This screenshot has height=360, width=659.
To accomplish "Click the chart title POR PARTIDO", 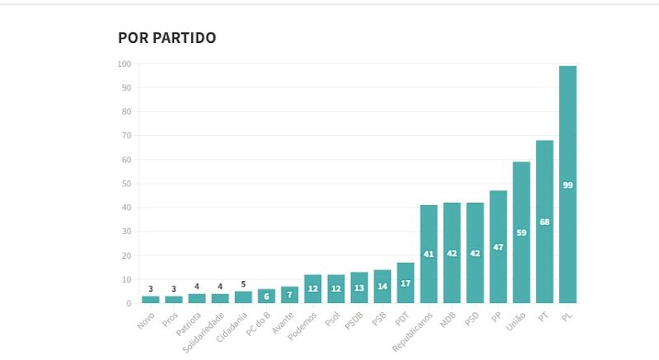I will tap(167, 38).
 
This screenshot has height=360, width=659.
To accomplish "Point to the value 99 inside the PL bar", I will tap(568, 185).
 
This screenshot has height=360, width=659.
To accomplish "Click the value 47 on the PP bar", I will tap(498, 247).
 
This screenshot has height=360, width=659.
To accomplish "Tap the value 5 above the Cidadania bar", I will tap(243, 284).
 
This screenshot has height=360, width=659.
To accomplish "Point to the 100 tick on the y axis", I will tap(124, 63).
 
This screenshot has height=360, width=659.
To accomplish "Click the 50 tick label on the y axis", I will tap(126, 184).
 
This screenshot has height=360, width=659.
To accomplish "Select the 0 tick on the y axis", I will tap(129, 304).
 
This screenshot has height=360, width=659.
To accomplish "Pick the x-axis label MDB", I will tap(448, 320).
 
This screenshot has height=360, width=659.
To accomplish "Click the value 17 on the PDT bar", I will tap(405, 283).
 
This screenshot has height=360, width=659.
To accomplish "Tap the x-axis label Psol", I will tap(332, 320).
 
